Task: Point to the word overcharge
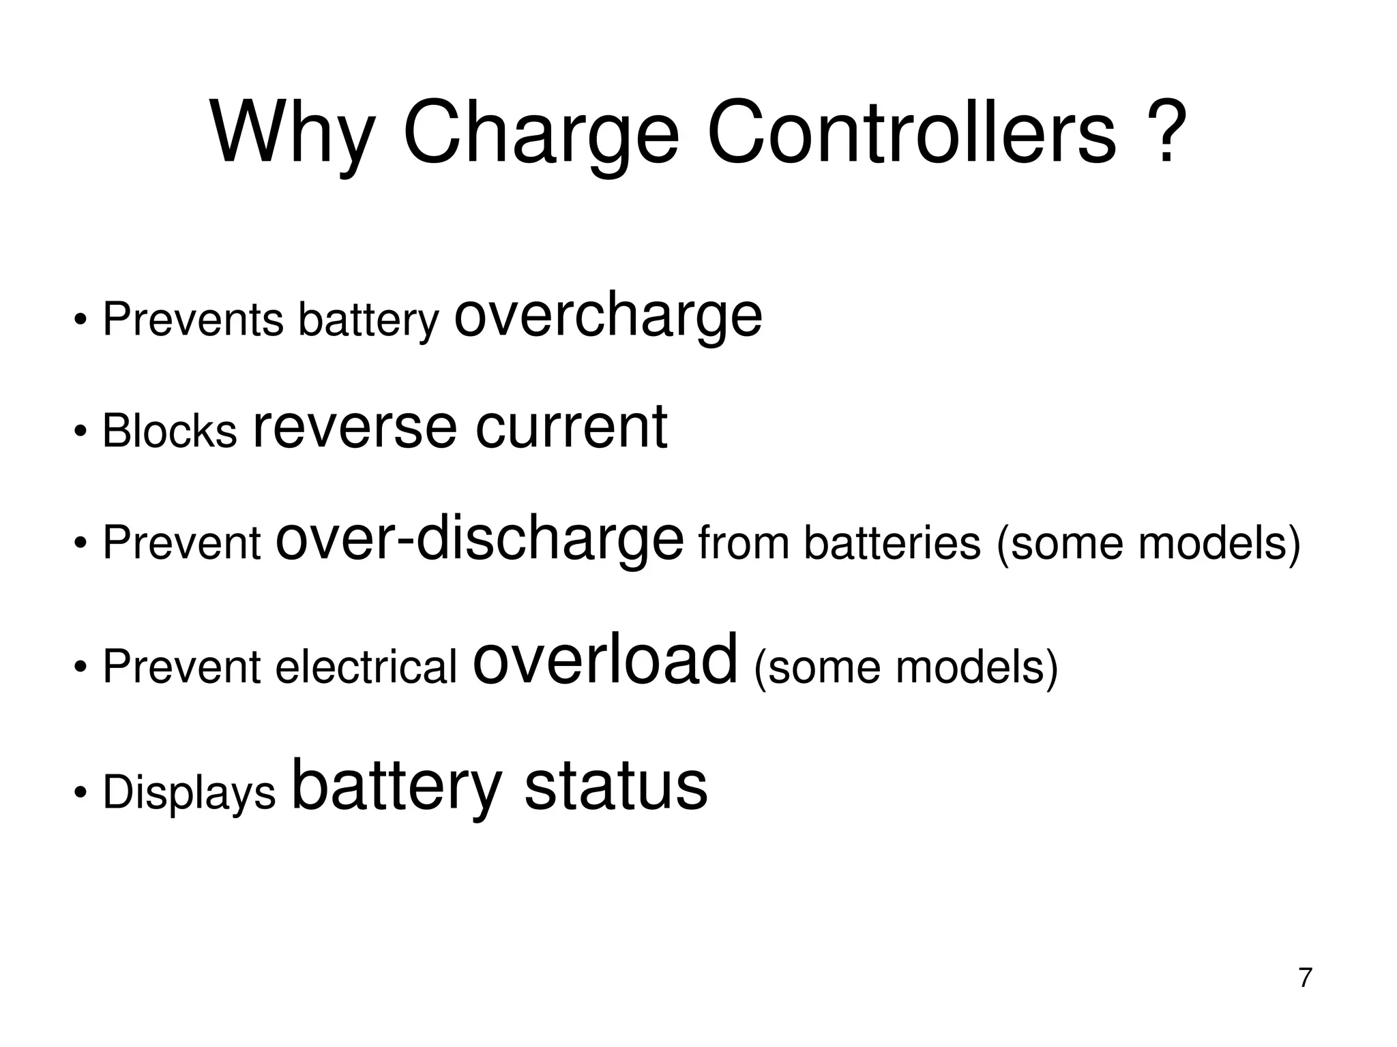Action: (608, 316)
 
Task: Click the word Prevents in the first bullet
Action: (192, 318)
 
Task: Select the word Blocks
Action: (169, 431)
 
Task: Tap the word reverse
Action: (355, 428)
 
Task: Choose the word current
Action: (571, 427)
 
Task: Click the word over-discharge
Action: (480, 539)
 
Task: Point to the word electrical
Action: (366, 666)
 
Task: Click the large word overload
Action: (605, 659)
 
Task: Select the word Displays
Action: (189, 793)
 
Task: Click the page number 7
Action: (1305, 977)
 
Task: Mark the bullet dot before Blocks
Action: (80, 431)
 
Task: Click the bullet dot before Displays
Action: (80, 793)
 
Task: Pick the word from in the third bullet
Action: (744, 543)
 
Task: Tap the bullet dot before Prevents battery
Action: (80, 319)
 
